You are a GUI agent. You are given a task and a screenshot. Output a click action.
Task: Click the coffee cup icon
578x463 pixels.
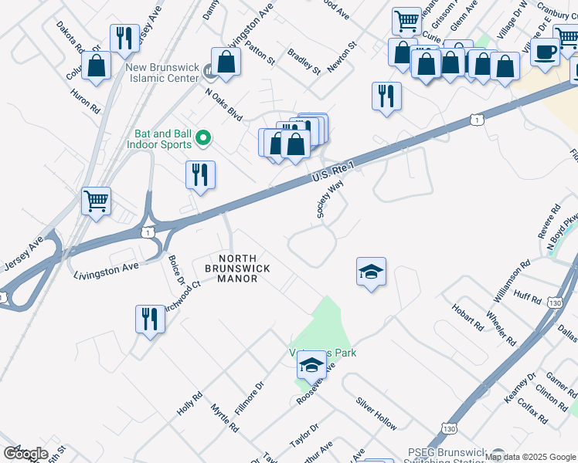546,52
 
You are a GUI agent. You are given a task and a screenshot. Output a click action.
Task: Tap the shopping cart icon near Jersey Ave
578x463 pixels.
96,201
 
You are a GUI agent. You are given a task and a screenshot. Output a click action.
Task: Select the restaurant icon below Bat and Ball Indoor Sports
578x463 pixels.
200,174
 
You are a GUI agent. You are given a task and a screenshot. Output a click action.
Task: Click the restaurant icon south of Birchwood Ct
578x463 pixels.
150,319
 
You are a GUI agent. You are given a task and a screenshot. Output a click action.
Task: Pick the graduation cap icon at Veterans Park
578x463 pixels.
311,365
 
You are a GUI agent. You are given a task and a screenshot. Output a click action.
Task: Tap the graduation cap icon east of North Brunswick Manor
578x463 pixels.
371,272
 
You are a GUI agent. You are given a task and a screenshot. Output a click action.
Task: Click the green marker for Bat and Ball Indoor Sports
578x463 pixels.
203,138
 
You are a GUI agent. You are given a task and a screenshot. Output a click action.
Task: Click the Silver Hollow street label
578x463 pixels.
376,414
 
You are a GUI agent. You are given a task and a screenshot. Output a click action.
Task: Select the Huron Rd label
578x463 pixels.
85,100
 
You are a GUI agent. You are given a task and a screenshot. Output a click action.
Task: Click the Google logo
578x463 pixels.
25,454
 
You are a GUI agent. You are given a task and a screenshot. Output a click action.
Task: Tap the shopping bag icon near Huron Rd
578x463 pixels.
97,66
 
